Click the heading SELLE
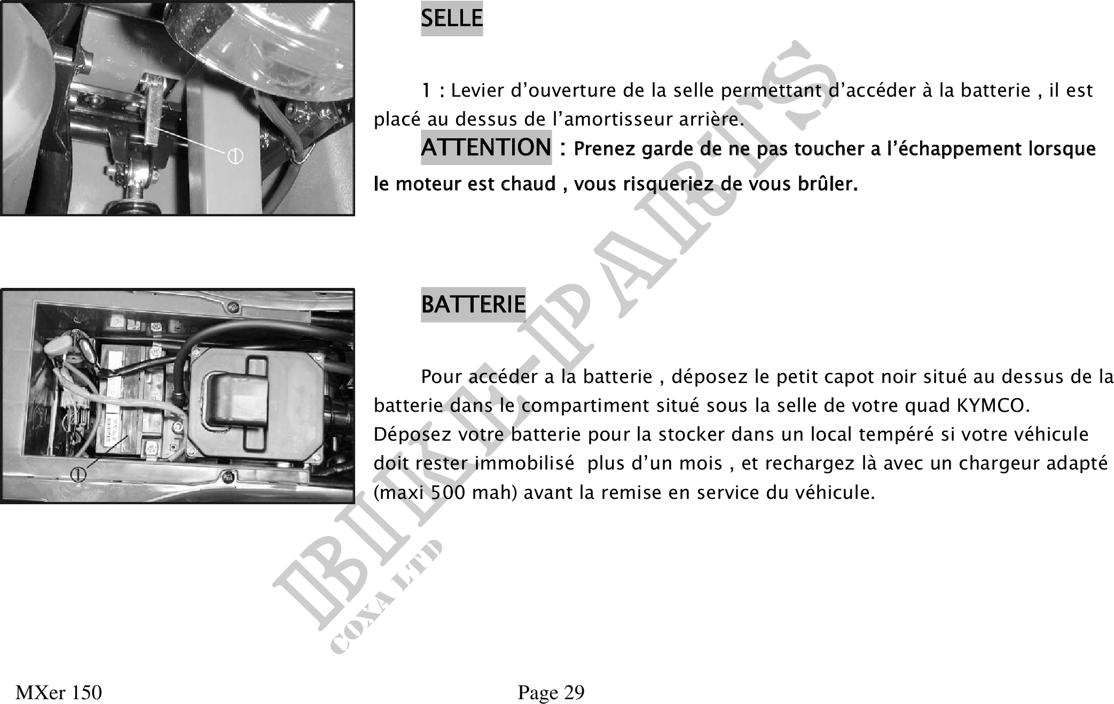451,19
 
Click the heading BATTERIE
473,304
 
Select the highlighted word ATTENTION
486,147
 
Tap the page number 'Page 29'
551,692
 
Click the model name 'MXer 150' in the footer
59,692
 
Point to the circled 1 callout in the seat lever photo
236,156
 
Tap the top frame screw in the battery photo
233,308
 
